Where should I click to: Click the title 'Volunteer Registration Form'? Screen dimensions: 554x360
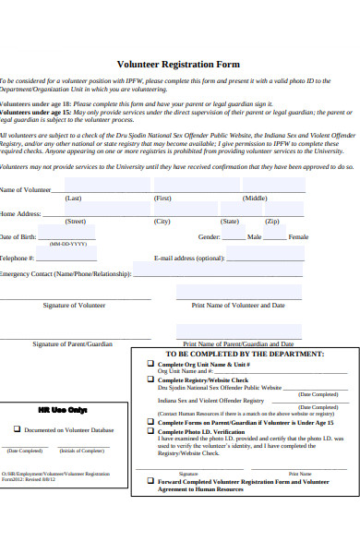[x=179, y=65]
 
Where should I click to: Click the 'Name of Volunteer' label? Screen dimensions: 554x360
[x=26, y=190]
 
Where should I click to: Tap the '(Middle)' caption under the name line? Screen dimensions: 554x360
[x=256, y=199]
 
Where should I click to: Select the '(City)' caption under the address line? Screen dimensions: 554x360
[x=162, y=222]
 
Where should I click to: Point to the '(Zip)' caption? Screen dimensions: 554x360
[x=272, y=222]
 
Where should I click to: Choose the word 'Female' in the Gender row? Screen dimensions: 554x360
[x=299, y=237]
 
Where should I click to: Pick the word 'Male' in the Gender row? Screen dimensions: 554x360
[x=254, y=237]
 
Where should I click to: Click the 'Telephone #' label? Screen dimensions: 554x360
[x=18, y=259]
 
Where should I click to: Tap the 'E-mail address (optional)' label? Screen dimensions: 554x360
[x=188, y=259]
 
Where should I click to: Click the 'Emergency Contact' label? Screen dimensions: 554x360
[x=65, y=274]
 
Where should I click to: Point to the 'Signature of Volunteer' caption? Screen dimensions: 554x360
[x=74, y=305]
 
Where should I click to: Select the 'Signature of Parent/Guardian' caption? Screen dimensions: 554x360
[x=73, y=343]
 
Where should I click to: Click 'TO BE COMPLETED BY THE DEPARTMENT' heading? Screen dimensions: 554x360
[x=245, y=354]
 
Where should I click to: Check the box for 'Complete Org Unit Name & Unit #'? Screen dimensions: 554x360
[x=151, y=365]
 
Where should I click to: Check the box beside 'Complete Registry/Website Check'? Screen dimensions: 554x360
[x=151, y=379]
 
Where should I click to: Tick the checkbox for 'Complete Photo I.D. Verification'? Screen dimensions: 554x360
[x=151, y=431]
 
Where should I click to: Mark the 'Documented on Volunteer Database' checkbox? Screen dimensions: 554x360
[x=17, y=429]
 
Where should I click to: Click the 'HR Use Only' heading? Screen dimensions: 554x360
[x=63, y=409]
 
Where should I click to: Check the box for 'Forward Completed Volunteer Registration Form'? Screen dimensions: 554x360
[x=151, y=482]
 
